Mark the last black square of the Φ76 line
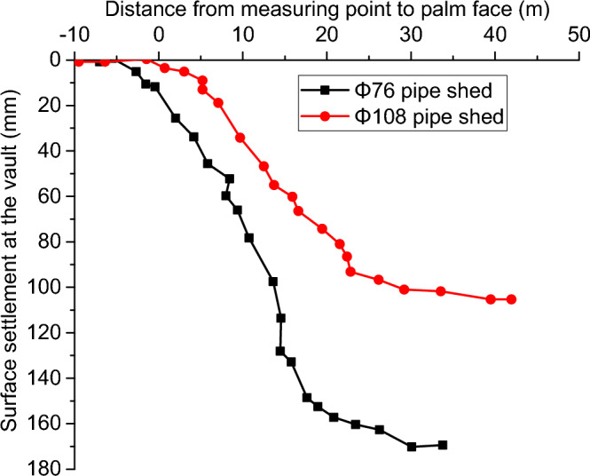tap(443, 445)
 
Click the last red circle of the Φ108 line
tap(511, 299)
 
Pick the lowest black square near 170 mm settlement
tap(412, 446)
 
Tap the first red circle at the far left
tap(79, 61)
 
